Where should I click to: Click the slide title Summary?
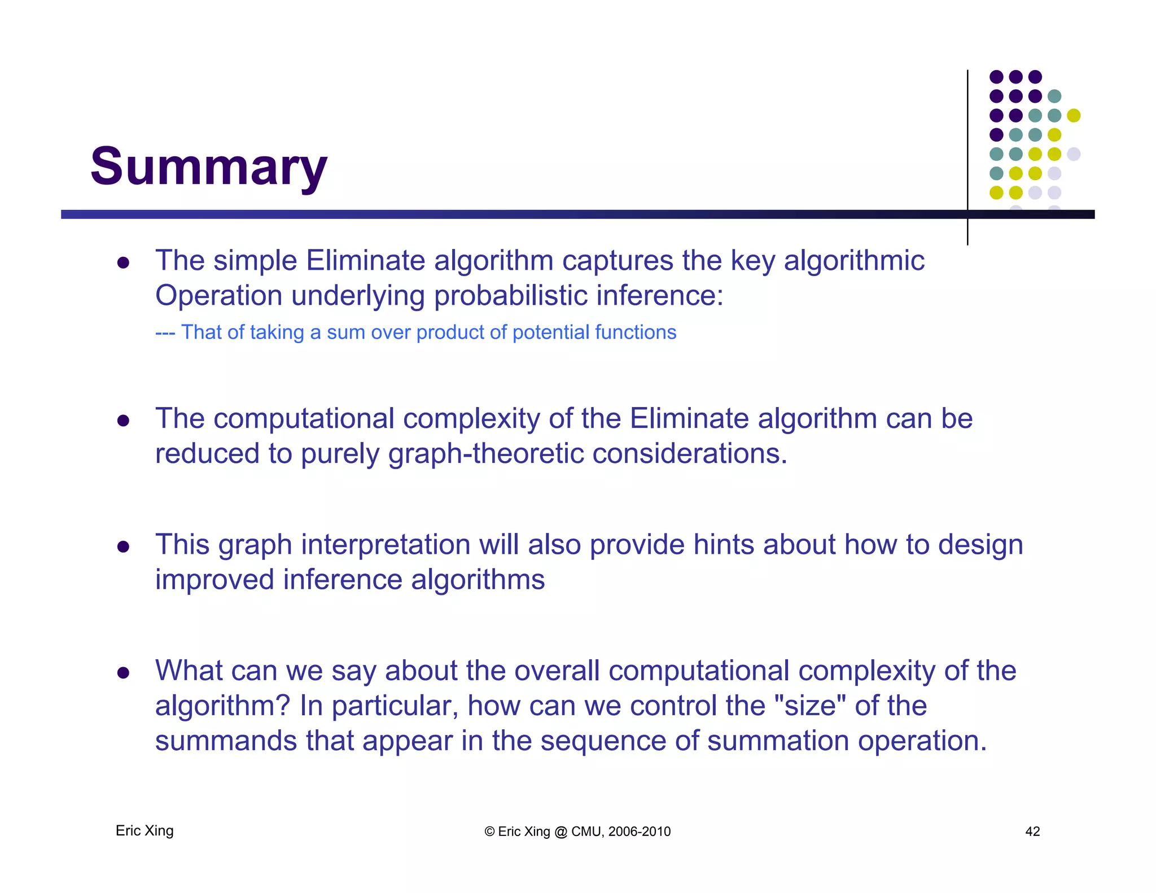coord(208,167)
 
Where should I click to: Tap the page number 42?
coord(1032,831)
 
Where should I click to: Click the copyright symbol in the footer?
coord(489,832)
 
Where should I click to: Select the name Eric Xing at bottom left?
coord(144,831)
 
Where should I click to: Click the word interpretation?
coord(386,545)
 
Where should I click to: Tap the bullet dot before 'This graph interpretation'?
coord(124,546)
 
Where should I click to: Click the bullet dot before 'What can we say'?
coord(124,672)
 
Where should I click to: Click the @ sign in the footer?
coord(561,832)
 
